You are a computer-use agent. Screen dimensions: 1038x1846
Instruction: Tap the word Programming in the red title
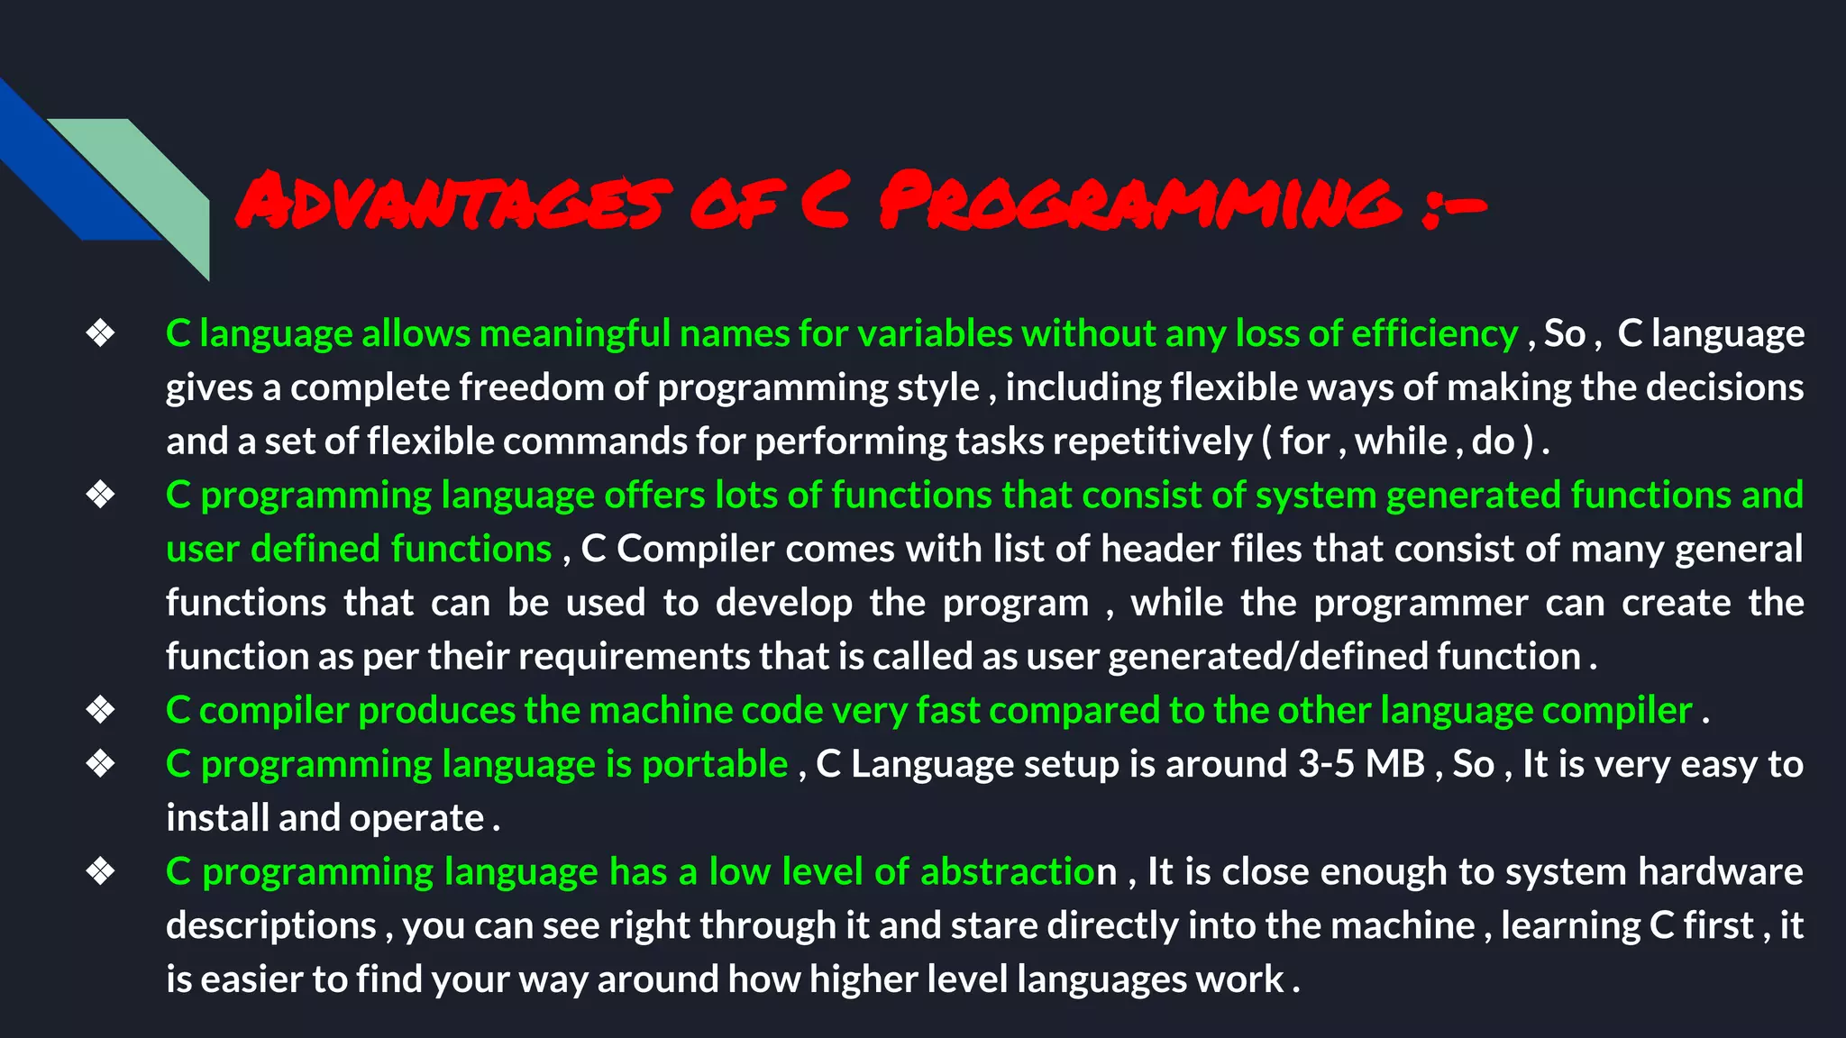click(x=1139, y=200)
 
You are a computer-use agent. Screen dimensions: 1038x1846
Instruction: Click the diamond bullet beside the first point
click(x=100, y=333)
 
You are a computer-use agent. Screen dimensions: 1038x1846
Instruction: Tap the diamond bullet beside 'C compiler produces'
click(x=100, y=710)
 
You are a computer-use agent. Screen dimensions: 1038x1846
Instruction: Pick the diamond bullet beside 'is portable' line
click(x=100, y=764)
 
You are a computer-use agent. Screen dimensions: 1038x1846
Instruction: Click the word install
click(x=217, y=818)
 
